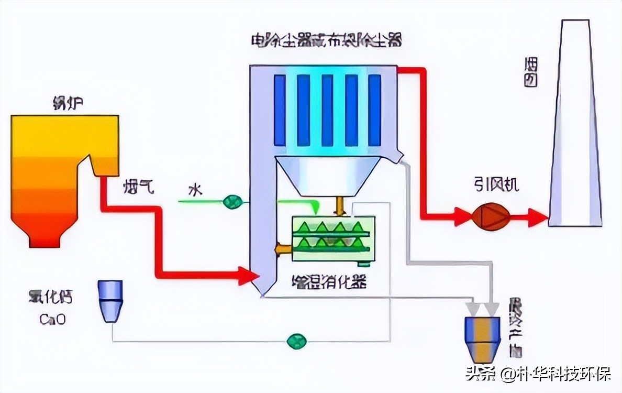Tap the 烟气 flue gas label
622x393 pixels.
pyautogui.click(x=139, y=187)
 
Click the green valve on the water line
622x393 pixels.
pyautogui.click(x=232, y=201)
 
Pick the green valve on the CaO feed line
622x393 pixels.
pyautogui.click(x=296, y=341)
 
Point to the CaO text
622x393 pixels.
pyautogui.click(x=52, y=319)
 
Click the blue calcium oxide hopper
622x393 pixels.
pyautogui.click(x=110, y=301)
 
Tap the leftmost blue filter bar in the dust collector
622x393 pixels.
pyautogui.click(x=280, y=110)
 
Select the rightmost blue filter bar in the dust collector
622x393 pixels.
pyautogui.click(x=374, y=110)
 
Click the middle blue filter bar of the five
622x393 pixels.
pyautogui.click(x=327, y=110)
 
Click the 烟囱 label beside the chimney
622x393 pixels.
pyautogui.click(x=531, y=72)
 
